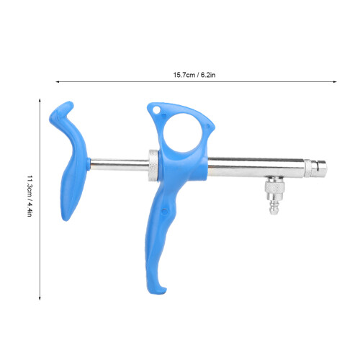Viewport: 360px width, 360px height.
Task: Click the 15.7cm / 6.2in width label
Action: pos(194,75)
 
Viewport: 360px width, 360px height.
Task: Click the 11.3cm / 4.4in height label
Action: pos(30,196)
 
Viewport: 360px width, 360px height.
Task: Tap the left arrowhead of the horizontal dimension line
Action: pos(57,82)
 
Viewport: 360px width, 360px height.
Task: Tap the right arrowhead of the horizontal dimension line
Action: pos(335,82)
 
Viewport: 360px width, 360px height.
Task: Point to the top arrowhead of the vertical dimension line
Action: pos(40,100)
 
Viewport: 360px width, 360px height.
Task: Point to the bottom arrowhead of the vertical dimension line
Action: pos(40,298)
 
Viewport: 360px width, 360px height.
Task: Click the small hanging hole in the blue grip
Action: pos(156,110)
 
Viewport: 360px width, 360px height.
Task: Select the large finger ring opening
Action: pos(183,133)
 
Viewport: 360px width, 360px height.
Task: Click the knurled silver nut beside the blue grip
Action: pos(153,165)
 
